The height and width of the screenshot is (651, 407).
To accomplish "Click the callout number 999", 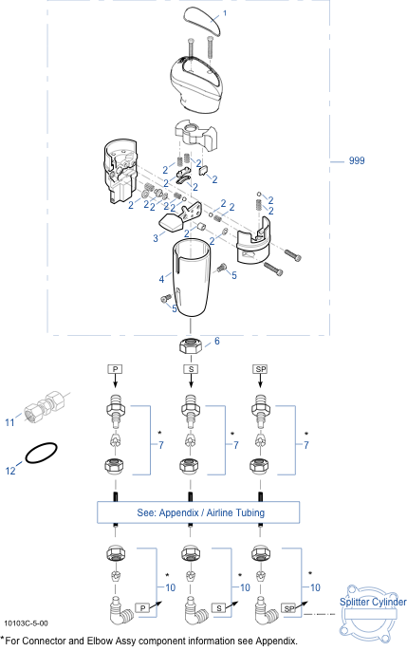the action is (x=357, y=160).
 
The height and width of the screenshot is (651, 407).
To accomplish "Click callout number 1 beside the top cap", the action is (x=225, y=13).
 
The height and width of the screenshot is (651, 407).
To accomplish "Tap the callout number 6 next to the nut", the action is (x=217, y=342).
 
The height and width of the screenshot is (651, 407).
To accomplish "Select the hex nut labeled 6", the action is (x=191, y=345).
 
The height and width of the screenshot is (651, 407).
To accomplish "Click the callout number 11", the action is (x=9, y=422).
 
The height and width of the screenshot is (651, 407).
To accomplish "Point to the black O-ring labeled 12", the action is (x=41, y=453).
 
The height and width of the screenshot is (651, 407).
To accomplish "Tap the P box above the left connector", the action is (x=116, y=369).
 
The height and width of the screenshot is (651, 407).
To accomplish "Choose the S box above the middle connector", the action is (x=191, y=369).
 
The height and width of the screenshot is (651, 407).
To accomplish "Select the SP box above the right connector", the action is (x=261, y=369).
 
